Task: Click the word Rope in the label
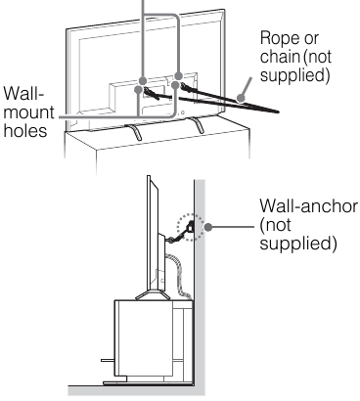click(x=280, y=38)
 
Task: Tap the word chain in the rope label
click(x=280, y=57)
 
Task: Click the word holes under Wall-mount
click(x=25, y=131)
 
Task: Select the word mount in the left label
click(x=29, y=112)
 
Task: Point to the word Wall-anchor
click(x=308, y=206)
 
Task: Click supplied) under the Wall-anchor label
click(x=298, y=243)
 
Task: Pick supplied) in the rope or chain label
click(x=294, y=75)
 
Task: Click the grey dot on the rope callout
click(x=241, y=98)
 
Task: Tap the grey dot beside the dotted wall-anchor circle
click(x=208, y=227)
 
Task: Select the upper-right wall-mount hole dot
click(x=178, y=76)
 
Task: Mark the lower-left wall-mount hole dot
click(x=138, y=89)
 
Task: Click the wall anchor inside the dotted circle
click(x=190, y=226)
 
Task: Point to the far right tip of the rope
click(x=279, y=111)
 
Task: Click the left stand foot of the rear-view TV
click(x=134, y=131)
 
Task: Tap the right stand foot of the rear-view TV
click(x=197, y=124)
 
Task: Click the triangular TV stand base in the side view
click(x=154, y=295)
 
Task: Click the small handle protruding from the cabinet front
click(x=108, y=360)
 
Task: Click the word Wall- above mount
click(x=23, y=94)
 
